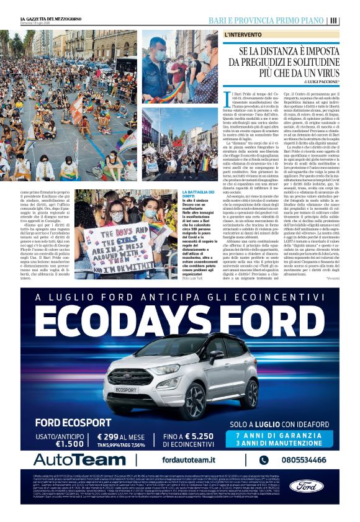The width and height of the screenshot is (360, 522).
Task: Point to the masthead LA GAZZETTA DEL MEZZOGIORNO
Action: (x=52, y=19)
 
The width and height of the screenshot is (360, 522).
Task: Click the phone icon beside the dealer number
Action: (x=264, y=460)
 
